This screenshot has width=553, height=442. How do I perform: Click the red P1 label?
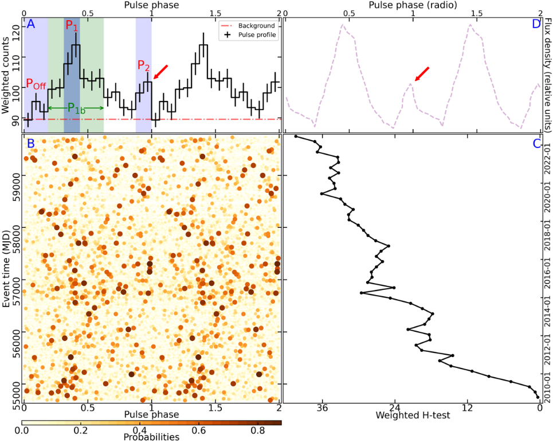(72, 26)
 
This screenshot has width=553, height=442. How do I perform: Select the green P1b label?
(77, 108)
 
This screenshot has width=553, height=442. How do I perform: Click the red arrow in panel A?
(161, 73)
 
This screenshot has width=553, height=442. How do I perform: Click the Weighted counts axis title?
(6, 73)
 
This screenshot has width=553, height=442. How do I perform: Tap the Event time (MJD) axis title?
(6, 269)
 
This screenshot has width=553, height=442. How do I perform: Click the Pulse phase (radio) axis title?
(412, 5)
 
